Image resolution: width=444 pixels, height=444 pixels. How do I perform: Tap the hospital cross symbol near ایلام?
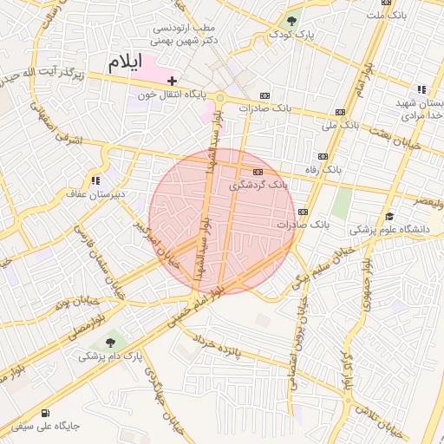[173, 81]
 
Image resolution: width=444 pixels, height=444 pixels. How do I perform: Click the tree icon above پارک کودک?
[291, 21]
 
